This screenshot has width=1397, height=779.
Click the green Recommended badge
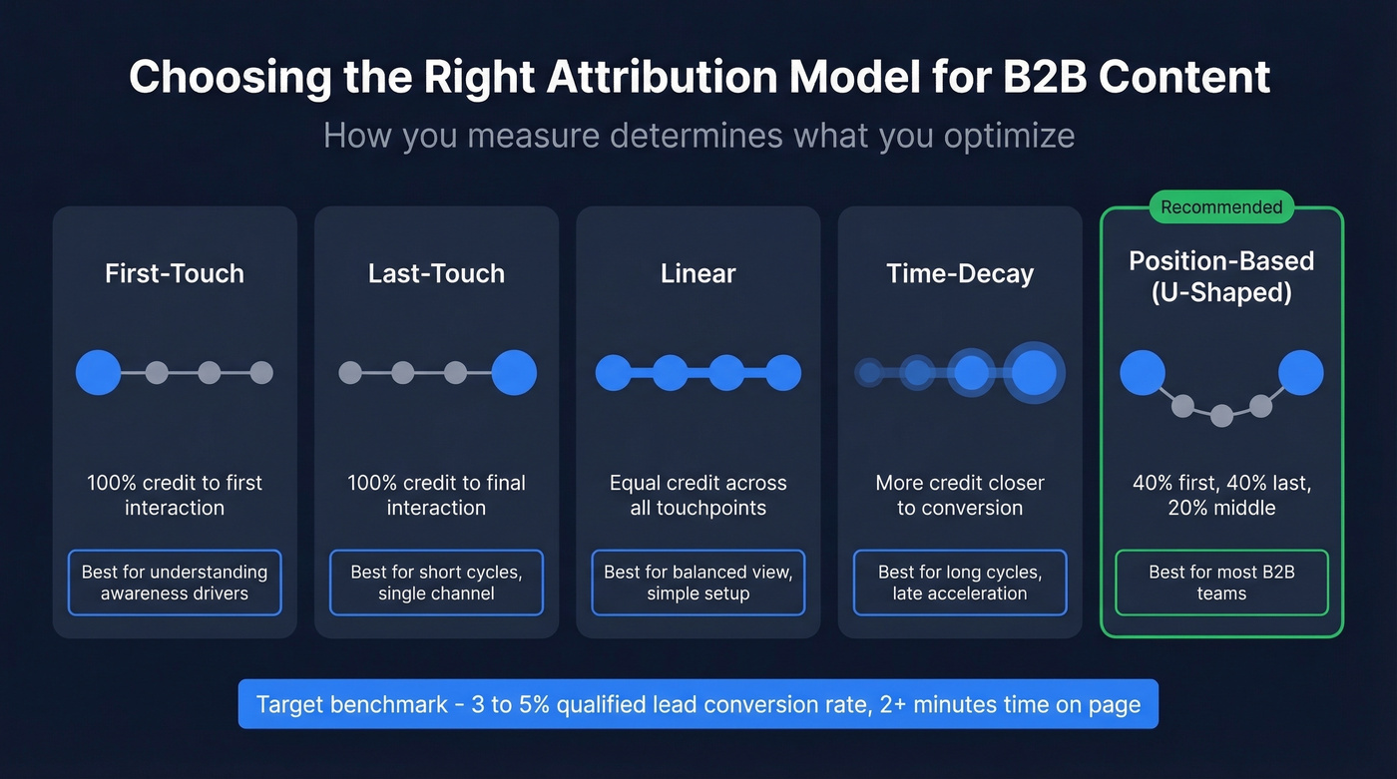(1221, 207)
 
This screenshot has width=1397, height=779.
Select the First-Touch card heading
(175, 273)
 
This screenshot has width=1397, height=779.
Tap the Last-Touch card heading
(436, 273)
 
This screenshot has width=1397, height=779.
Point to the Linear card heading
(698, 273)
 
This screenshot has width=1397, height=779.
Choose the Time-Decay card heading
(960, 273)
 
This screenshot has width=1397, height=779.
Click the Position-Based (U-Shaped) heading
(1221, 277)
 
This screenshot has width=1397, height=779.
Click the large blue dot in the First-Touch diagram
(99, 373)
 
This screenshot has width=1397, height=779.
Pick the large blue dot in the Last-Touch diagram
(514, 373)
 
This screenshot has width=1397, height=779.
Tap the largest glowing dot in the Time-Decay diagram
(1034, 373)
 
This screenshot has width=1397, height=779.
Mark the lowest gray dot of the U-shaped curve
(1221, 416)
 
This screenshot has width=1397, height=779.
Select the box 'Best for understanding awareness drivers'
(175, 583)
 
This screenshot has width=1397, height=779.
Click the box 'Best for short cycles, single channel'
(436, 583)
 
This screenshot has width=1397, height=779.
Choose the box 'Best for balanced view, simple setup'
(698, 583)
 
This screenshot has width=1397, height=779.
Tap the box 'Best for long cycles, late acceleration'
(960, 583)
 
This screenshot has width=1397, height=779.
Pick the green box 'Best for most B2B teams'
(1221, 583)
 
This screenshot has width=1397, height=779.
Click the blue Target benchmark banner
(698, 704)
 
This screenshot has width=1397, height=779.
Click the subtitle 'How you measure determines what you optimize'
(698, 135)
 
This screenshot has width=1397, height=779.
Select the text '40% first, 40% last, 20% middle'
(1221, 495)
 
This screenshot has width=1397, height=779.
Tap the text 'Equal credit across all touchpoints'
(698, 495)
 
